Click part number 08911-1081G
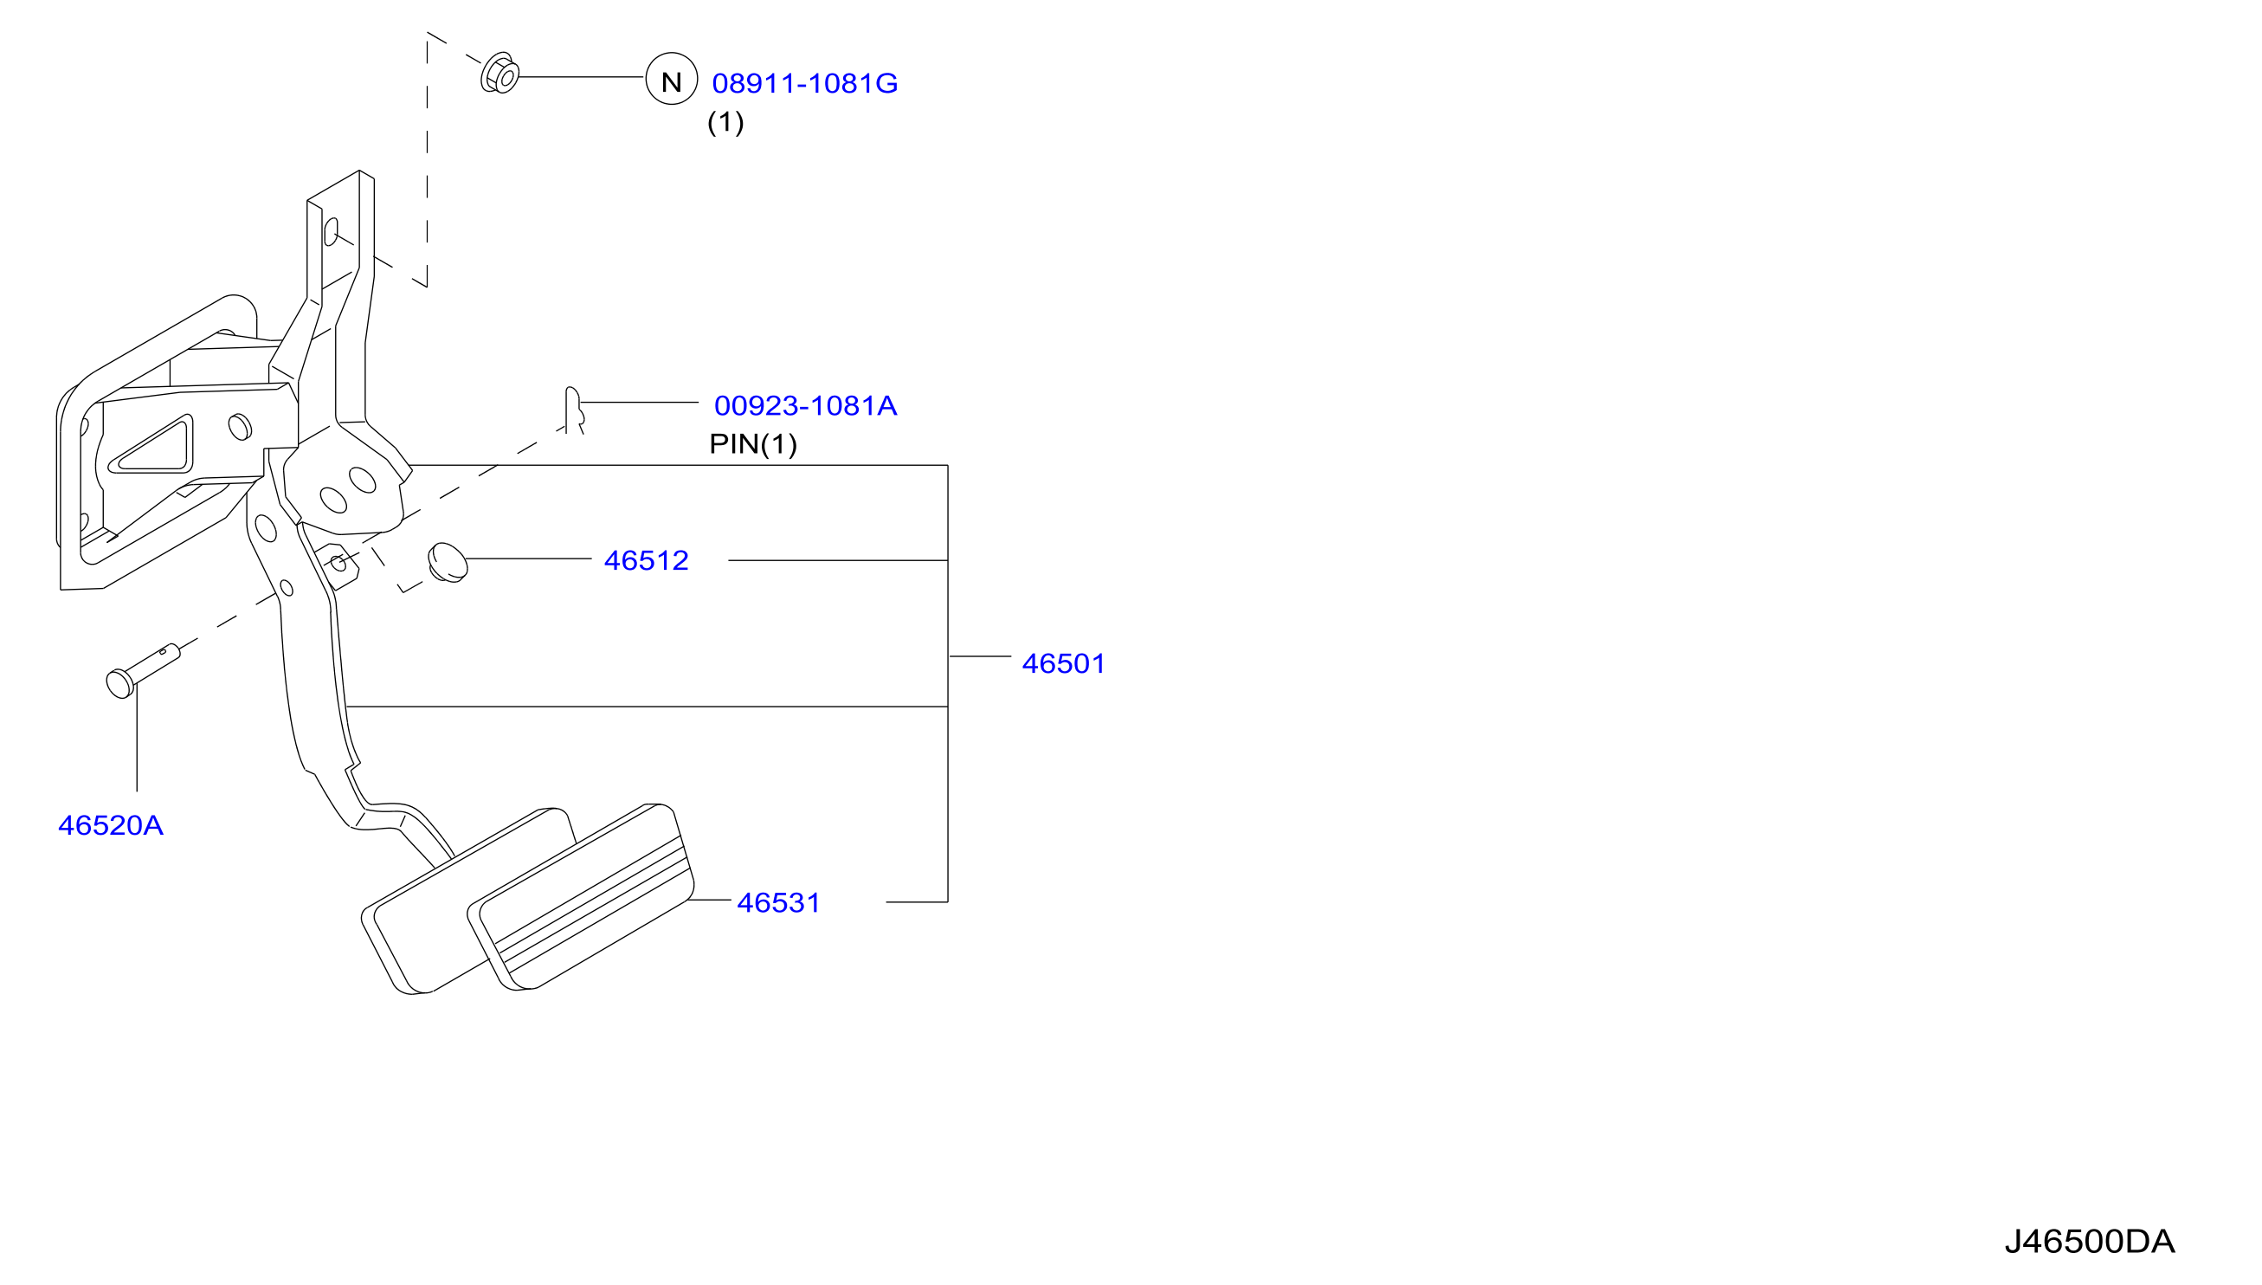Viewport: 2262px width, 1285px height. point(804,83)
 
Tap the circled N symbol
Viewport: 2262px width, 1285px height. point(672,80)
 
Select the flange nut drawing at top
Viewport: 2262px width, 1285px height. point(499,74)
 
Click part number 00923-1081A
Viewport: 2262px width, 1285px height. point(805,406)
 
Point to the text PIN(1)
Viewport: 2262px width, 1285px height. point(753,444)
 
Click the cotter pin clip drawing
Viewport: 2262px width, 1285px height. point(574,410)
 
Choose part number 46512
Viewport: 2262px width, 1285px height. point(646,560)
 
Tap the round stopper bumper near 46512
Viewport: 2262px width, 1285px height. point(448,562)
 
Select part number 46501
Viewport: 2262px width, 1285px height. point(1063,663)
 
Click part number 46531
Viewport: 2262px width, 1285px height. point(779,903)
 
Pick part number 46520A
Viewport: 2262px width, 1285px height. point(110,825)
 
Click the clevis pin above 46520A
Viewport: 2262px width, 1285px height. point(142,670)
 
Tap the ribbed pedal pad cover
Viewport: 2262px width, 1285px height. point(581,898)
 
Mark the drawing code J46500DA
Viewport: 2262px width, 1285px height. point(2089,1242)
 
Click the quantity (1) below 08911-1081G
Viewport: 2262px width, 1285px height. point(725,122)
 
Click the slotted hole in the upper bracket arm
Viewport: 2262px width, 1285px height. point(331,232)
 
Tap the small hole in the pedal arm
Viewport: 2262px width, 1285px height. point(286,588)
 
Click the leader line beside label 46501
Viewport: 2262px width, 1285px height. point(979,656)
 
